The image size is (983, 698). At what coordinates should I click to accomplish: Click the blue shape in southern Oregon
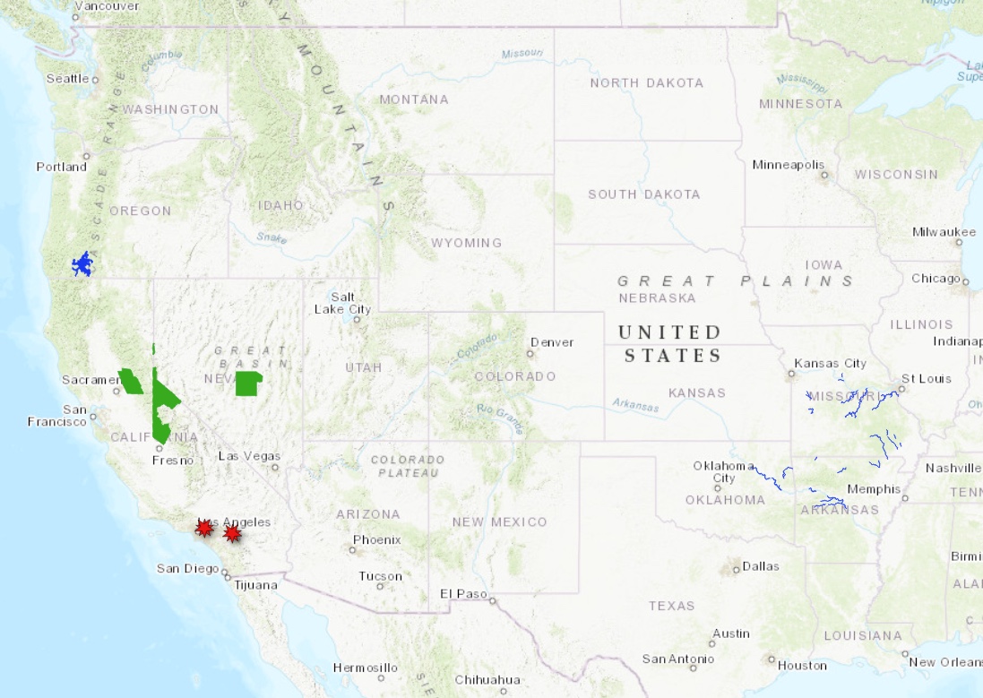83,264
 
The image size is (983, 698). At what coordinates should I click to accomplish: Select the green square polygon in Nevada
247,383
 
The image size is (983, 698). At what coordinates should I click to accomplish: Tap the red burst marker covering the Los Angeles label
204,528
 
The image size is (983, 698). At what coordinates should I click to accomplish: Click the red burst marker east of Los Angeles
232,534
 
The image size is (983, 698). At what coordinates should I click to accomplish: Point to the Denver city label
552,342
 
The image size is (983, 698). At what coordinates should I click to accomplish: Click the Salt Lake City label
342,303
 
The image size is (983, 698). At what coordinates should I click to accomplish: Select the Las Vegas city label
249,456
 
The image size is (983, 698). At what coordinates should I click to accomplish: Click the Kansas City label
830,363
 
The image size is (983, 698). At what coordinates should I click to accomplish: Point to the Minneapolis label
789,165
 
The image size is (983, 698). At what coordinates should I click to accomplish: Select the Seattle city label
67,78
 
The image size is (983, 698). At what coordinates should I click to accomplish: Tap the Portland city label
62,167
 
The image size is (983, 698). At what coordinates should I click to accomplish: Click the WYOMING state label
466,243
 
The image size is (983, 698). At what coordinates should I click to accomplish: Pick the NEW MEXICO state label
499,521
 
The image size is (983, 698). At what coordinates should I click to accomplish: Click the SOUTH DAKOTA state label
643,194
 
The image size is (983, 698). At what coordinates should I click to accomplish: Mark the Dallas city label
761,566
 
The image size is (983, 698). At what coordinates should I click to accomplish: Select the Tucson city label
380,576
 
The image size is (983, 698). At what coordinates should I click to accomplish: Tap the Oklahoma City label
724,471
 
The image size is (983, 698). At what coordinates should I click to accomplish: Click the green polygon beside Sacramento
131,383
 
